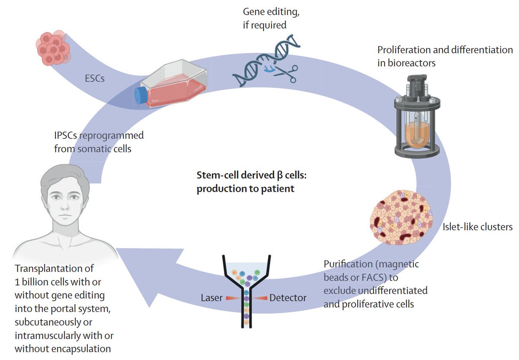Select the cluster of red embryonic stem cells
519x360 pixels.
click(x=52, y=48)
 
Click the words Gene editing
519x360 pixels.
click(x=270, y=12)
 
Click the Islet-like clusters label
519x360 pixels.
click(x=477, y=227)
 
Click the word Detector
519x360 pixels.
click(x=288, y=298)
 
